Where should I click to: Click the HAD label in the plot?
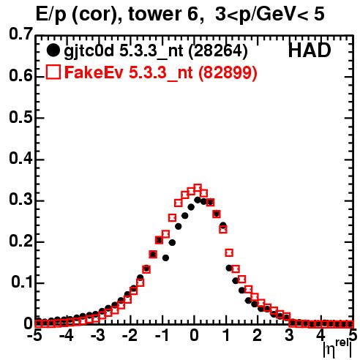(x=310, y=50)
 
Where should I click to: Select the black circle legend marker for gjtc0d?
(x=53, y=50)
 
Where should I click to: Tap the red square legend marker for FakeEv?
(x=53, y=72)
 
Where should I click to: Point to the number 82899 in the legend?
(x=228, y=72)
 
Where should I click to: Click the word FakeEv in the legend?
(x=94, y=72)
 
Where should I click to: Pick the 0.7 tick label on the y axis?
(x=20, y=34)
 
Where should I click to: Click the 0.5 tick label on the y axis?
(x=20, y=117)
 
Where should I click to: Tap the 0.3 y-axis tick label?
(x=20, y=200)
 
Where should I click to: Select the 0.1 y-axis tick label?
(x=21, y=282)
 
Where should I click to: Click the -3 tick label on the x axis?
(x=98, y=335)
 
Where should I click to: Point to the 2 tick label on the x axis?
(x=258, y=335)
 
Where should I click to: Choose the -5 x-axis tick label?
(x=34, y=335)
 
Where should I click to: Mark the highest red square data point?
(x=198, y=188)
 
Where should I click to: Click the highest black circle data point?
(x=198, y=200)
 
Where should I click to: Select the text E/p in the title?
(x=51, y=15)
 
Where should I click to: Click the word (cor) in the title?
(x=97, y=15)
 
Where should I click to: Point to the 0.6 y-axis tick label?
(x=20, y=75)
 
